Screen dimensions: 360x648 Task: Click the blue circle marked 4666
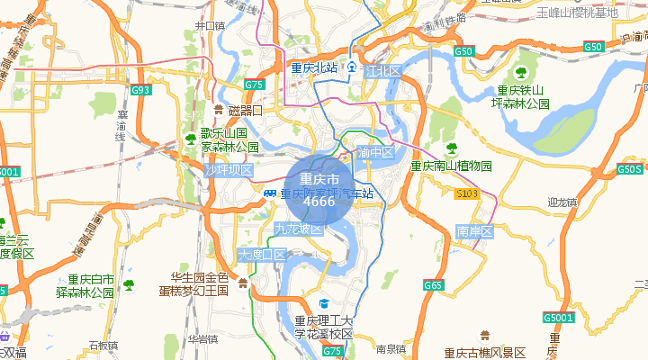(x=320, y=191)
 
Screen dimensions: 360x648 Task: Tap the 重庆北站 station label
(x=313, y=68)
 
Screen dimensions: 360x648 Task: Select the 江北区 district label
(x=382, y=70)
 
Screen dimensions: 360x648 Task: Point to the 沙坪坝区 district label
(x=229, y=170)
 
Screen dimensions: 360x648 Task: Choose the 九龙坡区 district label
(x=299, y=229)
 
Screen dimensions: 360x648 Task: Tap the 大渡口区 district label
(x=261, y=256)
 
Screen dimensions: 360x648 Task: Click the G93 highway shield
(x=141, y=90)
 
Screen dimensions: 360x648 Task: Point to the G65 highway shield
(x=434, y=285)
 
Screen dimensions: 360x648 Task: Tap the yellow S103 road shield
(x=466, y=193)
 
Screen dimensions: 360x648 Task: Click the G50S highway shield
(x=630, y=169)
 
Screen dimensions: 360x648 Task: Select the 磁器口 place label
(x=244, y=111)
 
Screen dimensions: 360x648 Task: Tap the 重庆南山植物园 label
(x=452, y=166)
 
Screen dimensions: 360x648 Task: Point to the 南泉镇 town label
(x=392, y=348)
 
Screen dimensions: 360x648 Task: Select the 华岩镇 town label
(x=203, y=339)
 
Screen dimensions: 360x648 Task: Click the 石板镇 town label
(x=103, y=345)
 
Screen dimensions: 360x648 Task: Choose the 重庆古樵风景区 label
(x=484, y=352)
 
